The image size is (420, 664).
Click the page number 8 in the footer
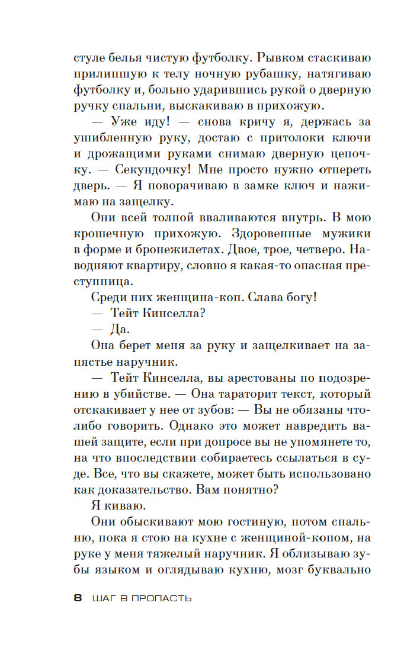coord(78,598)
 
